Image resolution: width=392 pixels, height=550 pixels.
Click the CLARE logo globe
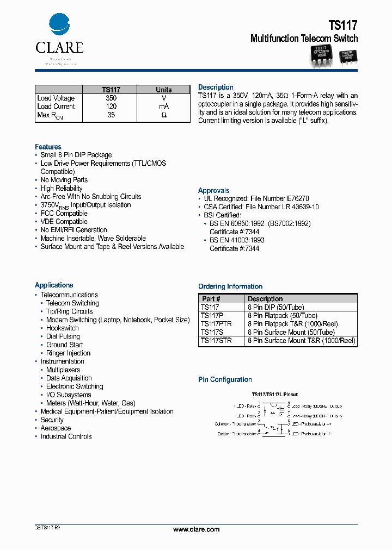point(59,25)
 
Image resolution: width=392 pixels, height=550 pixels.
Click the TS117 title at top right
point(343,25)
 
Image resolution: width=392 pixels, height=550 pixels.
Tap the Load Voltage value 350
point(111,98)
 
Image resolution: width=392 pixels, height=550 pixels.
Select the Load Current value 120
point(111,107)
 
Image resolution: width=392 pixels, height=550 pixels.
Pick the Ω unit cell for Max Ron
point(164,115)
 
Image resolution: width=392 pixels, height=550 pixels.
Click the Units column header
point(164,90)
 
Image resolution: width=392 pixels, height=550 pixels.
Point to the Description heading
point(216,87)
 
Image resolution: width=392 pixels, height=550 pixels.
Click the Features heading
point(48,147)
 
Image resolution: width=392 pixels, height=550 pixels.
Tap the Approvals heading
point(213,191)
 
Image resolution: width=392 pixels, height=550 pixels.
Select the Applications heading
point(54,285)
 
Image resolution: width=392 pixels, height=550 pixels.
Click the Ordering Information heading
point(230,286)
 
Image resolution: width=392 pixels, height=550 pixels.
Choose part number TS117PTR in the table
point(216,324)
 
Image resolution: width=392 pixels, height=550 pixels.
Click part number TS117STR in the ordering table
point(216,341)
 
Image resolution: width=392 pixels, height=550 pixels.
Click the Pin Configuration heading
point(225,380)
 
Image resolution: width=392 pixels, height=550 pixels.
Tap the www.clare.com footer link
point(196,529)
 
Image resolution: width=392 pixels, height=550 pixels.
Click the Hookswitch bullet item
point(62,328)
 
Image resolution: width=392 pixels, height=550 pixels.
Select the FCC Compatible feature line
point(64,214)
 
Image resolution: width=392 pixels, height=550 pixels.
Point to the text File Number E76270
point(278,199)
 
